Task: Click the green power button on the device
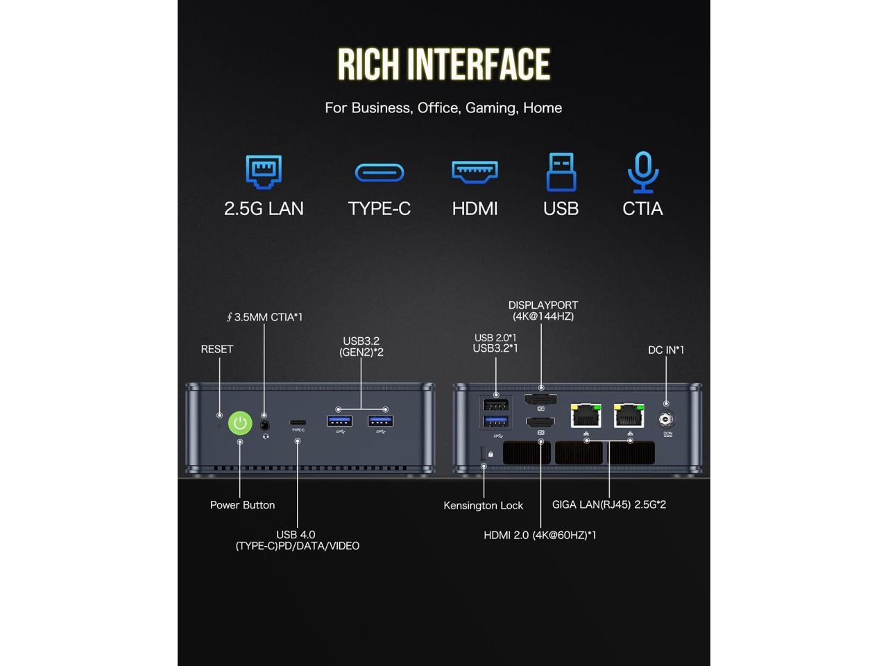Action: point(240,422)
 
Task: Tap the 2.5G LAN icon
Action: point(264,172)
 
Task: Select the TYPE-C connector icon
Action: point(379,172)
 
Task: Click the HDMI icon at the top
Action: point(475,171)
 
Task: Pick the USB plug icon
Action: point(561,171)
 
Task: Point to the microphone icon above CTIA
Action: point(643,171)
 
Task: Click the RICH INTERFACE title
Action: point(444,65)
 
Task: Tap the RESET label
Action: point(217,349)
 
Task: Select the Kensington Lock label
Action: point(483,505)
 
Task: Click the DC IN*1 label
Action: point(666,350)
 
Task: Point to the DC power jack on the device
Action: point(667,419)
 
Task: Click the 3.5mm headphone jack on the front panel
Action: point(265,425)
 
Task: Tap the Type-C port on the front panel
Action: point(298,422)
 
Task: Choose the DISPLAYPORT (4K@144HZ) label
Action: point(543,310)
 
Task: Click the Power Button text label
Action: point(242,505)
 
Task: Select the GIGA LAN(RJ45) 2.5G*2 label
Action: point(608,504)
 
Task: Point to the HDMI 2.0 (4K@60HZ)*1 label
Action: point(540,535)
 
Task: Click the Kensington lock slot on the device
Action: point(484,454)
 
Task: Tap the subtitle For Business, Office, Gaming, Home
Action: point(443,108)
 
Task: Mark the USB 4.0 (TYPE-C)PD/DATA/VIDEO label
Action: point(297,540)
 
